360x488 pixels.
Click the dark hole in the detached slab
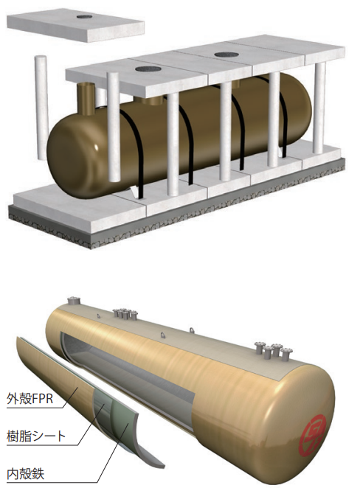[x=83, y=16]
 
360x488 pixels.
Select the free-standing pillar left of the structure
[x=41, y=108]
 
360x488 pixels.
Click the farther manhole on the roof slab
[x=227, y=55]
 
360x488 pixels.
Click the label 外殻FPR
[x=30, y=398]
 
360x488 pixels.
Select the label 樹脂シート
[x=36, y=436]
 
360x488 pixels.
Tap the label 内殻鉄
[x=26, y=474]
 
